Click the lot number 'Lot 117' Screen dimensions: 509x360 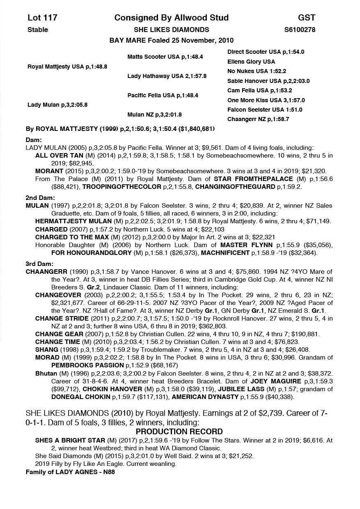(x=42, y=18)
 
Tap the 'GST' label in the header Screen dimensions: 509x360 (x=307, y=18)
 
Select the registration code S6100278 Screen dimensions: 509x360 (x=300, y=30)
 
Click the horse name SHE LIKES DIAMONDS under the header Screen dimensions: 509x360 (x=171, y=30)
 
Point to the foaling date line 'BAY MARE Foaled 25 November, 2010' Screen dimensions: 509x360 (x=171, y=40)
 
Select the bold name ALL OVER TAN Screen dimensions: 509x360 (x=58, y=156)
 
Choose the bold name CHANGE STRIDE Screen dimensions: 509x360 (x=62, y=318)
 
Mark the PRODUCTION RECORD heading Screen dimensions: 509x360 (x=179, y=431)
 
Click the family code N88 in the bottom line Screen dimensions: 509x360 (x=112, y=472)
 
